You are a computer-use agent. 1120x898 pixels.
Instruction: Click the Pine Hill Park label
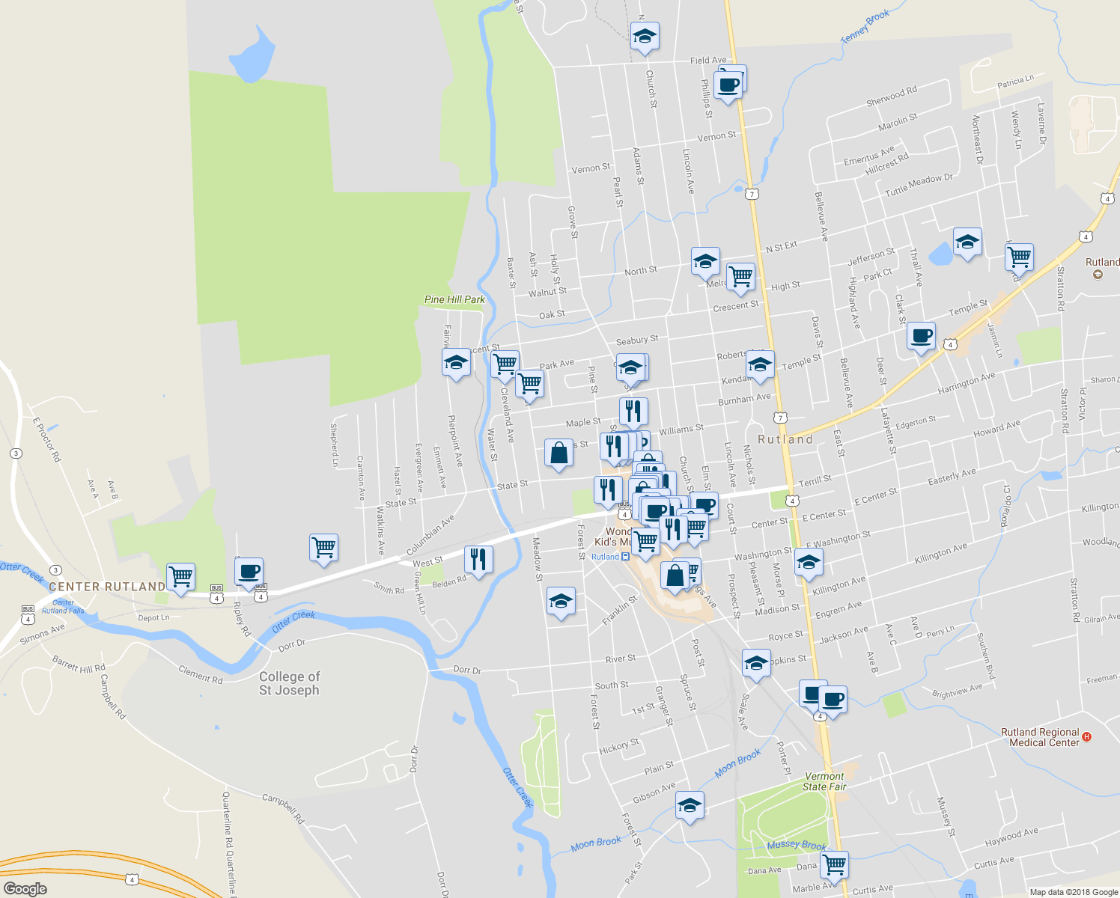coord(454,299)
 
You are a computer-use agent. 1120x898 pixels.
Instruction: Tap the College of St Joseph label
coord(289,683)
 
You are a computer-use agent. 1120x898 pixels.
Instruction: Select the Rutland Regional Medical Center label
coord(1040,737)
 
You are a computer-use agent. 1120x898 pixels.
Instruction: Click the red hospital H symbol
coord(1087,737)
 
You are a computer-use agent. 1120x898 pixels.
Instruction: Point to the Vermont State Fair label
coord(824,781)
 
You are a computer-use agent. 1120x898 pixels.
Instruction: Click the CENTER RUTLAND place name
coord(107,587)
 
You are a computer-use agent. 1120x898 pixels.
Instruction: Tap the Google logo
coord(25,889)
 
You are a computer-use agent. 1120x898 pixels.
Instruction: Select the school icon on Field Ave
coord(645,36)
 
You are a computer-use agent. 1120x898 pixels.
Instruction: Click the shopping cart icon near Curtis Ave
coord(834,865)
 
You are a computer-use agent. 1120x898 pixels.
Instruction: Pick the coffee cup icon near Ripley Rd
coord(249,572)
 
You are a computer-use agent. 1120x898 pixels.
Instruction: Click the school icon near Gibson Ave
coord(690,806)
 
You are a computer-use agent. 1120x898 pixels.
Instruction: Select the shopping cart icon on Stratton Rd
coord(1020,257)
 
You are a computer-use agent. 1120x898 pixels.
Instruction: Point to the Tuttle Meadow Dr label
coord(919,184)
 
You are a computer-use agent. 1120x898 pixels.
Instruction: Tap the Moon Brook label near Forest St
coord(595,843)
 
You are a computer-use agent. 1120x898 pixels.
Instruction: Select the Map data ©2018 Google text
coord(1073,892)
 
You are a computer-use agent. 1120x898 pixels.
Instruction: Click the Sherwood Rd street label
coord(891,96)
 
